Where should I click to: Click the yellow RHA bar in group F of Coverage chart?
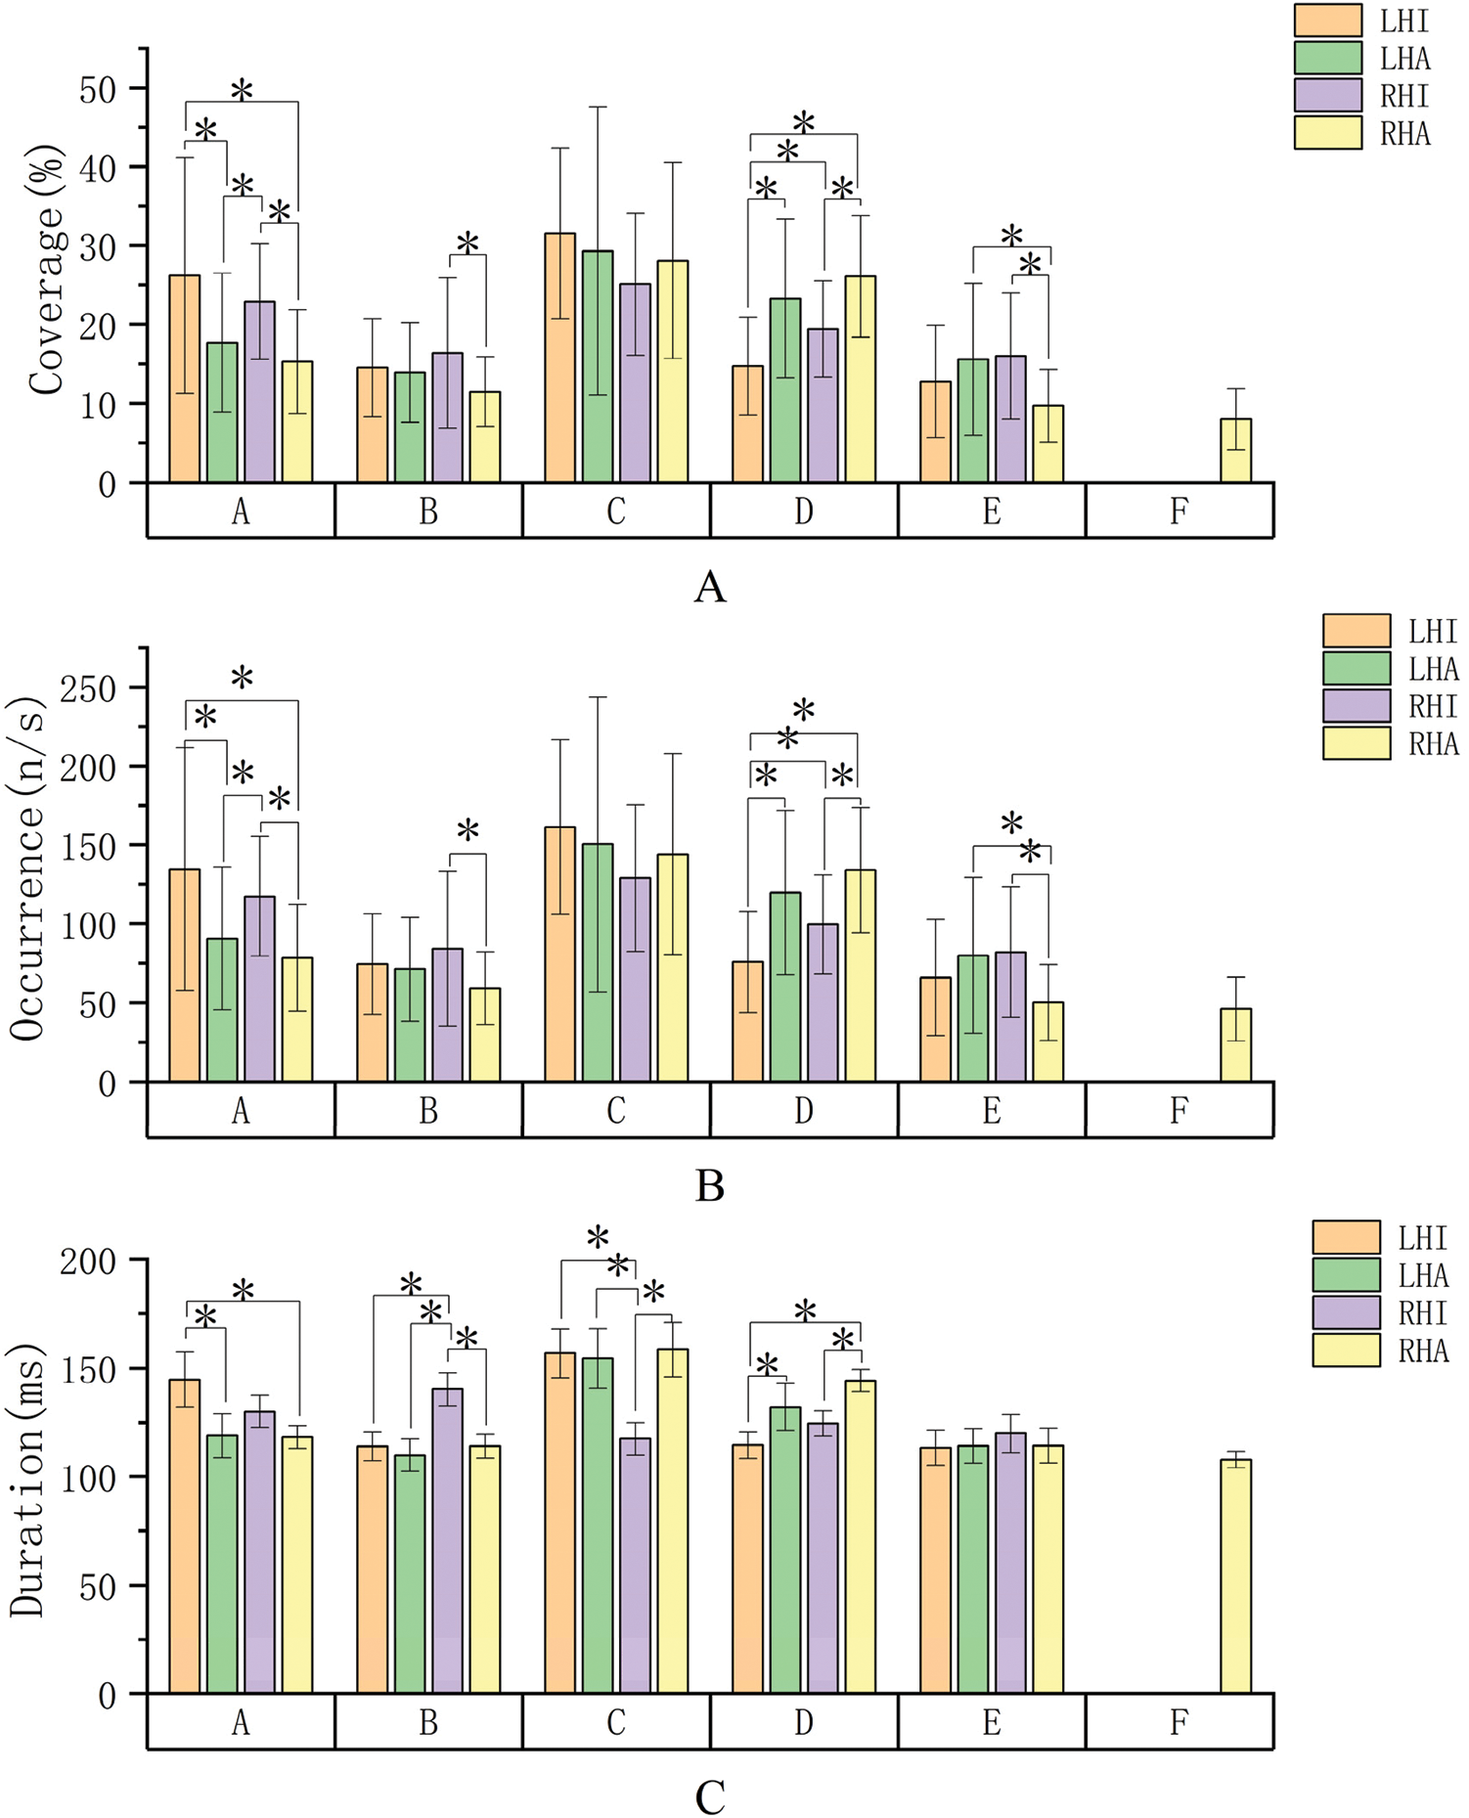[1235, 451]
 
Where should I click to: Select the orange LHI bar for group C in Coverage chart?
[559, 358]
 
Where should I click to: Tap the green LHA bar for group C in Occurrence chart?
[598, 962]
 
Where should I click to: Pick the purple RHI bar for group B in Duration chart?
[447, 1540]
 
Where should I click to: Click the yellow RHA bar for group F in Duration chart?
[1235, 1575]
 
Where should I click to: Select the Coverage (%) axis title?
[46, 270]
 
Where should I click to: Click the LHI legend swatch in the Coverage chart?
[1327, 21]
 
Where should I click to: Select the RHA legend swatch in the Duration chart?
[1346, 1350]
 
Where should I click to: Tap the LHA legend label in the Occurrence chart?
[1433, 669]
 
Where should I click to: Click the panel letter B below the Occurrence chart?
[709, 1185]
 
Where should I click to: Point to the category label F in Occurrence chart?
[1179, 1110]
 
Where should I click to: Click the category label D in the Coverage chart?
[803, 510]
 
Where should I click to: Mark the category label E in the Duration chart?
[991, 1722]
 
